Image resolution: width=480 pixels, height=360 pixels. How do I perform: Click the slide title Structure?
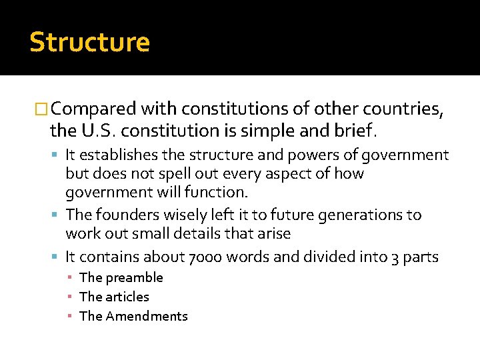click(x=89, y=43)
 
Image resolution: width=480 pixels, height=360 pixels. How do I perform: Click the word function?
click(x=220, y=193)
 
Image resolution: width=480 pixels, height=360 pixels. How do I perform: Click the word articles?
click(x=127, y=297)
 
